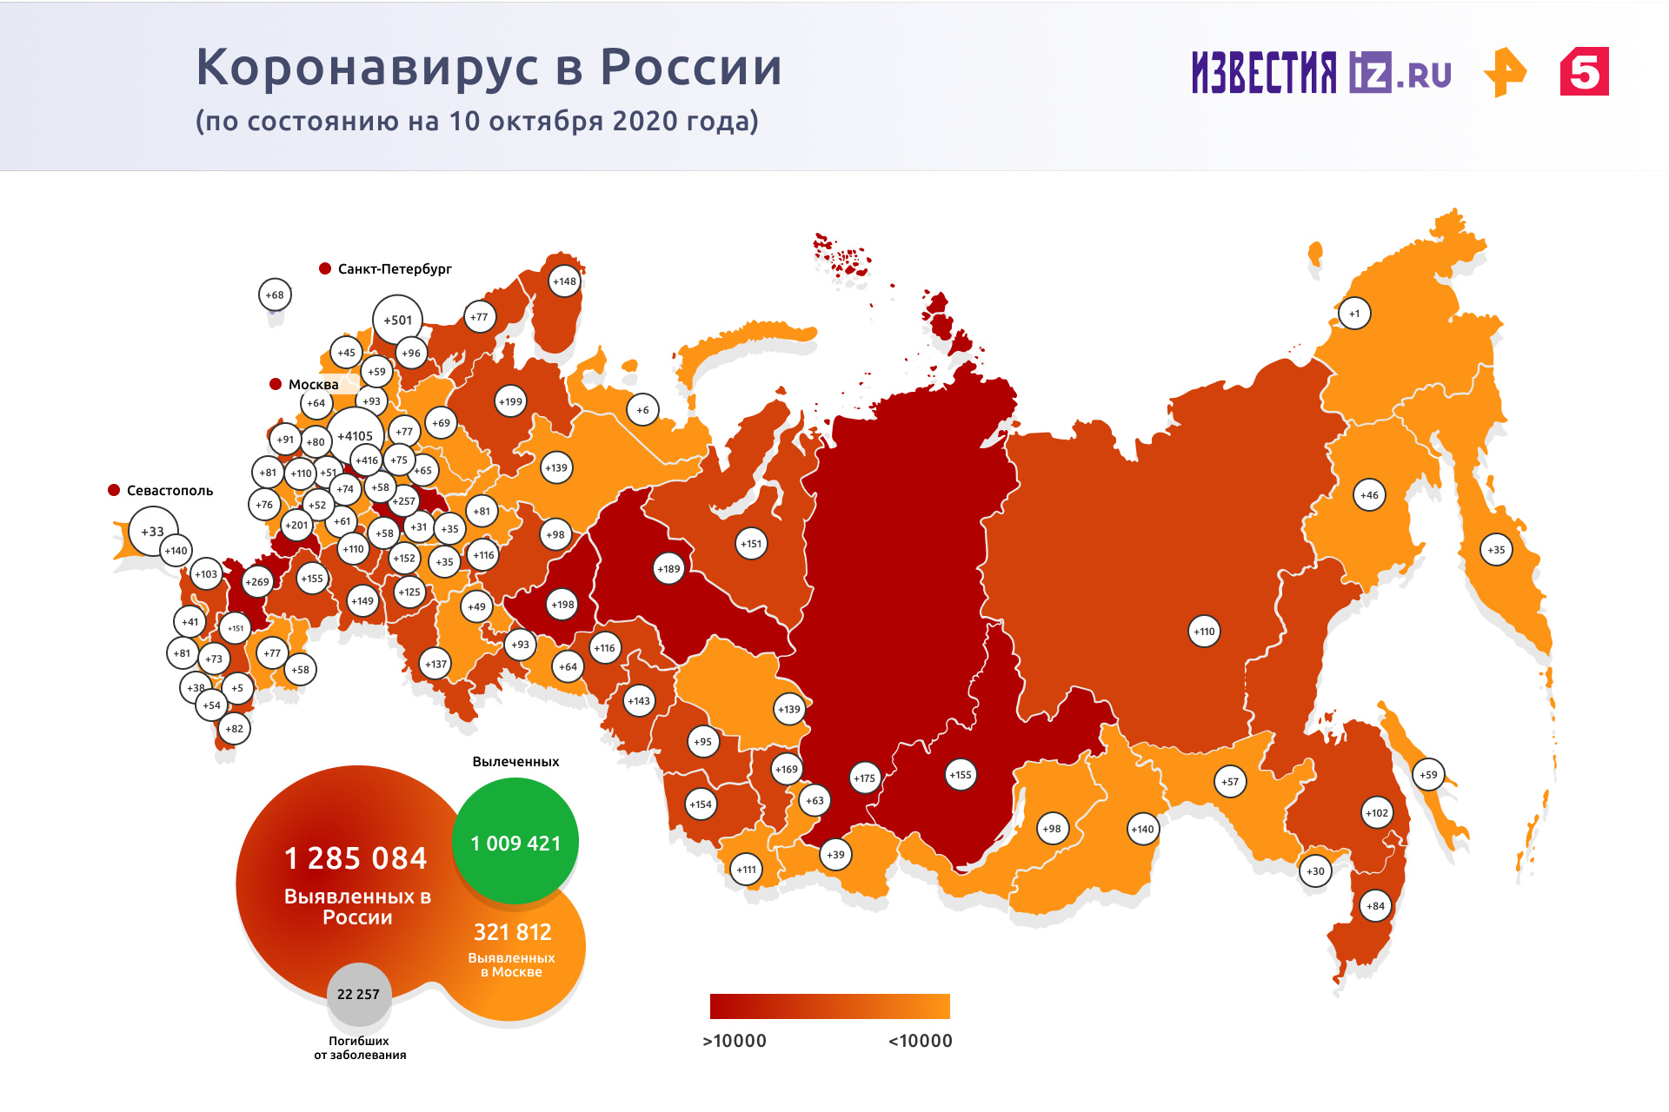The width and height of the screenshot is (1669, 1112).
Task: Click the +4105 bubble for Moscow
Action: click(355, 436)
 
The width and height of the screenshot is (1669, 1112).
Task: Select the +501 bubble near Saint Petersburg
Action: click(397, 320)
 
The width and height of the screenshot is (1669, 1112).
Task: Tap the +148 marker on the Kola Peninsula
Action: click(564, 281)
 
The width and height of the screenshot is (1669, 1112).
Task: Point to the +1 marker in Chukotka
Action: click(1354, 314)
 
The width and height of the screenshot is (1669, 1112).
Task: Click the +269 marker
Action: click(257, 582)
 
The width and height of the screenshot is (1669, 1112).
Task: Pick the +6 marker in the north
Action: click(642, 410)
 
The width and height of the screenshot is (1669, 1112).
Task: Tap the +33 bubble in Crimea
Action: click(153, 532)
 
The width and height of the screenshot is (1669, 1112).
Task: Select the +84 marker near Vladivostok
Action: click(1375, 906)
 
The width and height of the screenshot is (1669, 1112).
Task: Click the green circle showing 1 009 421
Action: click(515, 842)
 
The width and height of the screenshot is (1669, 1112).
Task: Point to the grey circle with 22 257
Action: click(358, 994)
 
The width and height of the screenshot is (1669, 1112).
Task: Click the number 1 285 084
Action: click(356, 858)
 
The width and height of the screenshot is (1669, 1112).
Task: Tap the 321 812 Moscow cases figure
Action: click(513, 932)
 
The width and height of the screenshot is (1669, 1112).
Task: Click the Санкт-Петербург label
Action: click(395, 269)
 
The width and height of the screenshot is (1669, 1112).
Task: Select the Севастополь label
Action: click(170, 491)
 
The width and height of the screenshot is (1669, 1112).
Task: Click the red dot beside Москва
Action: click(276, 384)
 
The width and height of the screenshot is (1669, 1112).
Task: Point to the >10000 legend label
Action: click(735, 1041)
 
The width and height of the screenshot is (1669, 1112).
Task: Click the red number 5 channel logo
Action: click(1584, 71)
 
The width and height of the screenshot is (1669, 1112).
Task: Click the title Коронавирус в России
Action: click(489, 67)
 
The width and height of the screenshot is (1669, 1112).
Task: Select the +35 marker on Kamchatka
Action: click(1496, 550)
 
